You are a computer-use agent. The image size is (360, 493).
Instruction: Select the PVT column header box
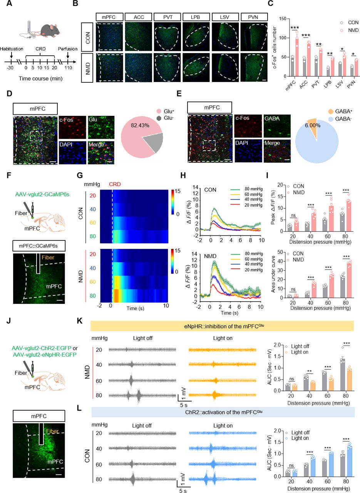167,17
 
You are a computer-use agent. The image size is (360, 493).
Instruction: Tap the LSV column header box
225,17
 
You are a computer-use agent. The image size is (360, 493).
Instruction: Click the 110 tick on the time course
68,68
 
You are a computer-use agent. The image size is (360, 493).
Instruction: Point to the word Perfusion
67,49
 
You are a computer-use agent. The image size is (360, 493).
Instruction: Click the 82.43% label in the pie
140,125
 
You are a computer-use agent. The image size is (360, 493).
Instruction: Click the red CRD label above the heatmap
115,184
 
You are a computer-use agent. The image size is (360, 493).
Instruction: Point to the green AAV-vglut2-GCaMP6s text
42,195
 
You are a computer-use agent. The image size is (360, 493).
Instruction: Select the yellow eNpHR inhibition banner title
224,326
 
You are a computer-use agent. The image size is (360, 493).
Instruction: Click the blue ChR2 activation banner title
224,412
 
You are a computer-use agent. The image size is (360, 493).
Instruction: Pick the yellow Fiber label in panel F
48,257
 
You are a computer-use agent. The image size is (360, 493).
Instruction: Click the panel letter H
183,175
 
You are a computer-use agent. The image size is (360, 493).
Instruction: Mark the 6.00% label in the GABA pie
313,126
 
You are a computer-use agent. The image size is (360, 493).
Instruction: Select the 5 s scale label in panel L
183,491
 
